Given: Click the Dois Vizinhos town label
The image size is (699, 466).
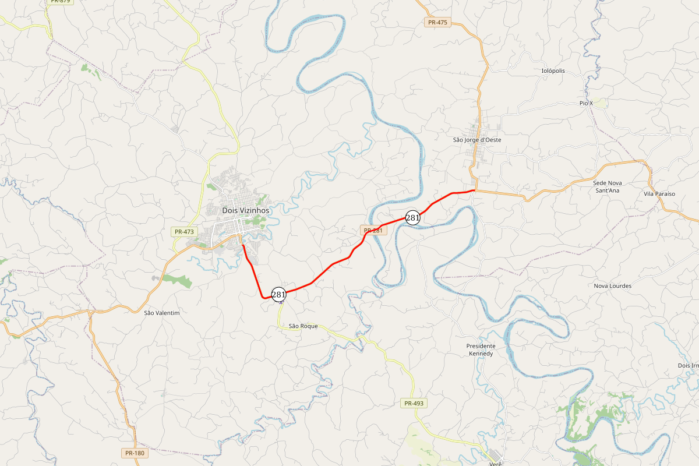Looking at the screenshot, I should (246, 210).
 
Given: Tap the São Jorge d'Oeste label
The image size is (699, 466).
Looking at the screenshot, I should (477, 140).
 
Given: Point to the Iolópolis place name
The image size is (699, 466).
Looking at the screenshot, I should (553, 71).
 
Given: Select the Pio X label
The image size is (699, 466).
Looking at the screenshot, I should (586, 103).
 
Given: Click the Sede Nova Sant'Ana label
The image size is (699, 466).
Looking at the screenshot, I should (606, 186).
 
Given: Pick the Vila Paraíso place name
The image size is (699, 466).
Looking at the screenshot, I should (659, 193).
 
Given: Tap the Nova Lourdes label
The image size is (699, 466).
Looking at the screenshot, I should (612, 286).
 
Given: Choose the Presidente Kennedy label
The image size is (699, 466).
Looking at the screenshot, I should (481, 349).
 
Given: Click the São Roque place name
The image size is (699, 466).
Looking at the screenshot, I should (303, 326).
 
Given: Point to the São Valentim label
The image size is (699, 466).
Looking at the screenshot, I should (162, 313).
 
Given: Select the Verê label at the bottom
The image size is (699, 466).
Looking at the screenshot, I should (496, 463).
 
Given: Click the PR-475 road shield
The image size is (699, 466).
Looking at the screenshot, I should (437, 22).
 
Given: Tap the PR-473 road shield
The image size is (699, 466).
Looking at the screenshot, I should (184, 232).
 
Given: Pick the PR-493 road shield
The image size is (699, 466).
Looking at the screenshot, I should (414, 403).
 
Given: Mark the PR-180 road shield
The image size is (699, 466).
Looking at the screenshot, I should (134, 453).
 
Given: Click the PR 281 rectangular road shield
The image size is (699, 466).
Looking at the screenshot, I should (373, 231).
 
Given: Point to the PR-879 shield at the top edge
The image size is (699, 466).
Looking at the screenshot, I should (61, 2).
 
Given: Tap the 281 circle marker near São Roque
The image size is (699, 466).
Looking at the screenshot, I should (279, 295).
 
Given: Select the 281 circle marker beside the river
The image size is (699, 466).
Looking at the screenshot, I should (412, 218).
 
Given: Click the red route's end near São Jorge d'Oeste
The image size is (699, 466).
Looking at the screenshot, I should (475, 190).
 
